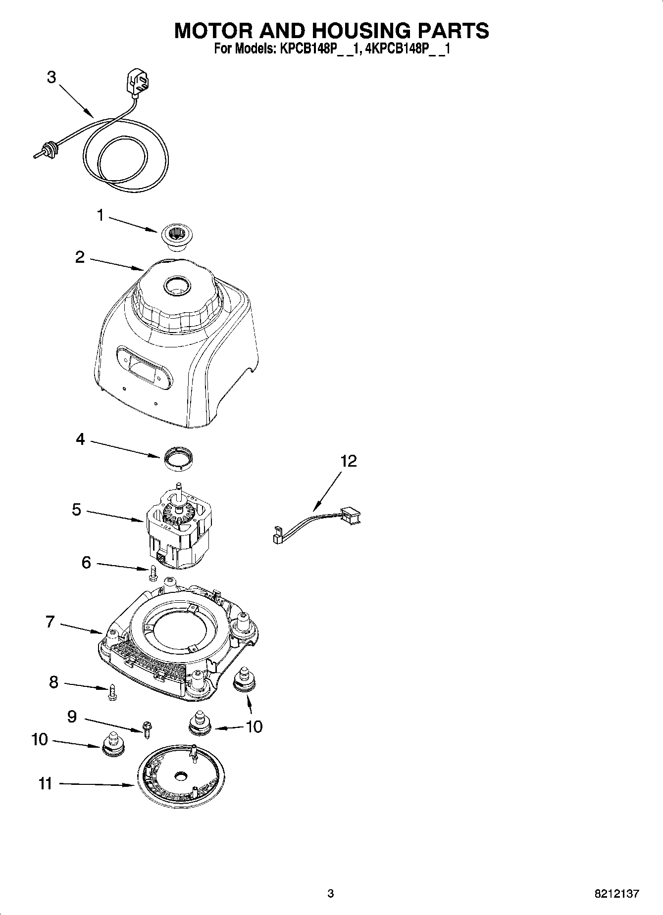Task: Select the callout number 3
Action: tap(51, 78)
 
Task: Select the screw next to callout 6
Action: tap(153, 573)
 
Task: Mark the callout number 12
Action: tap(348, 461)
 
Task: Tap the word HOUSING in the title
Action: tap(362, 31)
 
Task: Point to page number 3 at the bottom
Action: tap(331, 894)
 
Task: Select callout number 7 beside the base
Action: tap(50, 621)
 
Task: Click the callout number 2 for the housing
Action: tap(80, 257)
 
